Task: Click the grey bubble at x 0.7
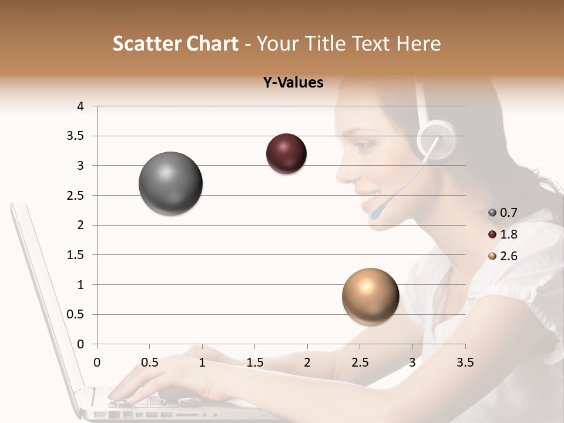pyautogui.click(x=170, y=183)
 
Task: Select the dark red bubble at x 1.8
pyautogui.click(x=286, y=153)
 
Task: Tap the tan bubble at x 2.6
pyautogui.click(x=370, y=296)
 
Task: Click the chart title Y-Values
pyautogui.click(x=293, y=83)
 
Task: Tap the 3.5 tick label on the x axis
pyautogui.click(x=465, y=362)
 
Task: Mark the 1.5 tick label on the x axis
pyautogui.click(x=254, y=362)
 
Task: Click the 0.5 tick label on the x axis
pyautogui.click(x=149, y=362)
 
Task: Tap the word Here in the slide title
pyautogui.click(x=418, y=44)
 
